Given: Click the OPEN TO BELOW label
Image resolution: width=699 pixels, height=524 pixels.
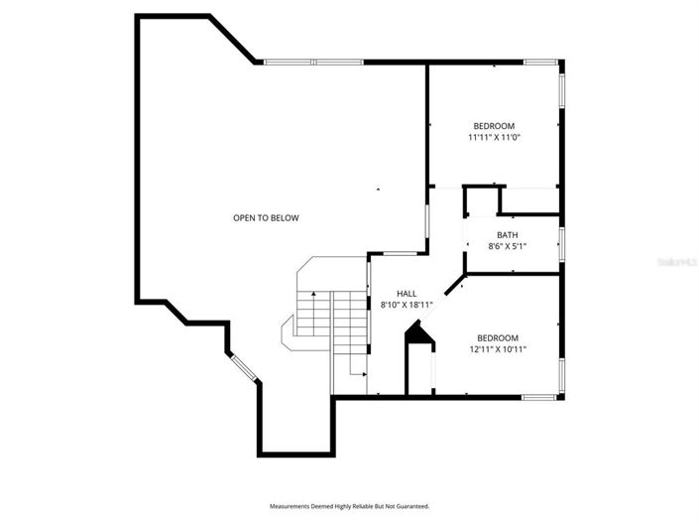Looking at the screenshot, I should pyautogui.click(x=266, y=217).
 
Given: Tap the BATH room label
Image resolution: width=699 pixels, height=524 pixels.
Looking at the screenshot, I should pyautogui.click(x=507, y=235).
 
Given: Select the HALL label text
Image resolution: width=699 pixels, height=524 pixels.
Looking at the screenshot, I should pyautogui.click(x=407, y=293).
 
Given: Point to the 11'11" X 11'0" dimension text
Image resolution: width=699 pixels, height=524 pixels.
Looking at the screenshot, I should pyautogui.click(x=494, y=137).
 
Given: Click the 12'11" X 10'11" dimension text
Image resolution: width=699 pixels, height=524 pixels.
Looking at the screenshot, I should pyautogui.click(x=497, y=348).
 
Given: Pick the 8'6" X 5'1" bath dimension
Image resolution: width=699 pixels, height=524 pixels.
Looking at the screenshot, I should pyautogui.click(x=507, y=246).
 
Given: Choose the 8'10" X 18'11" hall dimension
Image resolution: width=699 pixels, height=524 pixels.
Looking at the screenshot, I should pyautogui.click(x=407, y=305).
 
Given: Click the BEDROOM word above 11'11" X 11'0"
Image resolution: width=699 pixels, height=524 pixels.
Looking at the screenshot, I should pyautogui.click(x=494, y=125).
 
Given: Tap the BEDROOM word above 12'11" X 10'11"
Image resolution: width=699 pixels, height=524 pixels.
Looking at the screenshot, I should pyautogui.click(x=497, y=337).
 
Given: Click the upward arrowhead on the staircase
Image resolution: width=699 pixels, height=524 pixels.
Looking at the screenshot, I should pyautogui.click(x=312, y=295).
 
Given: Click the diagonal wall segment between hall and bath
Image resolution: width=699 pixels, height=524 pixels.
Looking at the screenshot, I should pyautogui.click(x=454, y=285).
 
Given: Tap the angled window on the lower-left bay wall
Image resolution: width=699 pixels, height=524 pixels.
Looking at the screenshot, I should pyautogui.click(x=243, y=368).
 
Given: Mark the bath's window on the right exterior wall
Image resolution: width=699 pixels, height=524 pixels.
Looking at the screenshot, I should pyautogui.click(x=561, y=242).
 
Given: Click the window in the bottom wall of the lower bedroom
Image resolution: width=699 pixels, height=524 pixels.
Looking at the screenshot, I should pyautogui.click(x=539, y=397).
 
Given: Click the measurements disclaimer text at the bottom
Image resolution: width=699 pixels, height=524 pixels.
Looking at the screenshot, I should pyautogui.click(x=349, y=505).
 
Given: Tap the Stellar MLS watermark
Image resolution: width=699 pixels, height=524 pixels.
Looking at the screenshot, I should pyautogui.click(x=679, y=262).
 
